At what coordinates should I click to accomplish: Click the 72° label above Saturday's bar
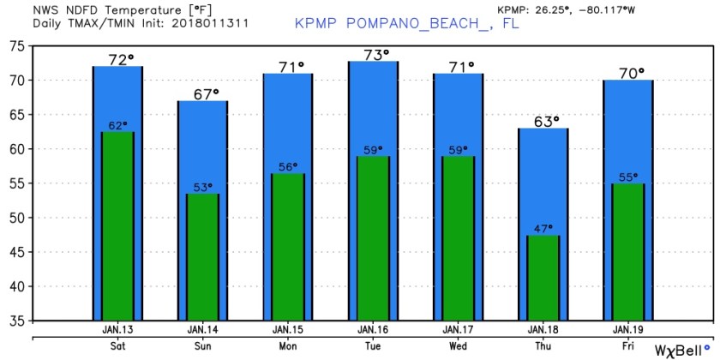pyautogui.click(x=119, y=59)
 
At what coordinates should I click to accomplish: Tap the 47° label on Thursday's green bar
pyautogui.click(x=543, y=229)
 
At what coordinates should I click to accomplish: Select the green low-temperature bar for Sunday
pyautogui.click(x=203, y=257)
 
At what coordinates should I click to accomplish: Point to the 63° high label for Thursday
pyautogui.click(x=543, y=121)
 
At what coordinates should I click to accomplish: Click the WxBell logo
pyautogui.click(x=681, y=351)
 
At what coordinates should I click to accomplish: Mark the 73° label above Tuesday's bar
pyautogui.click(x=373, y=55)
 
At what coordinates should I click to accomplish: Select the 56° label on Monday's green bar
pyautogui.click(x=288, y=167)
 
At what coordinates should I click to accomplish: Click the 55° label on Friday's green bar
pyautogui.click(x=627, y=177)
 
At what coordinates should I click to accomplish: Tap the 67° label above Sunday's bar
pyautogui.click(x=204, y=93)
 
